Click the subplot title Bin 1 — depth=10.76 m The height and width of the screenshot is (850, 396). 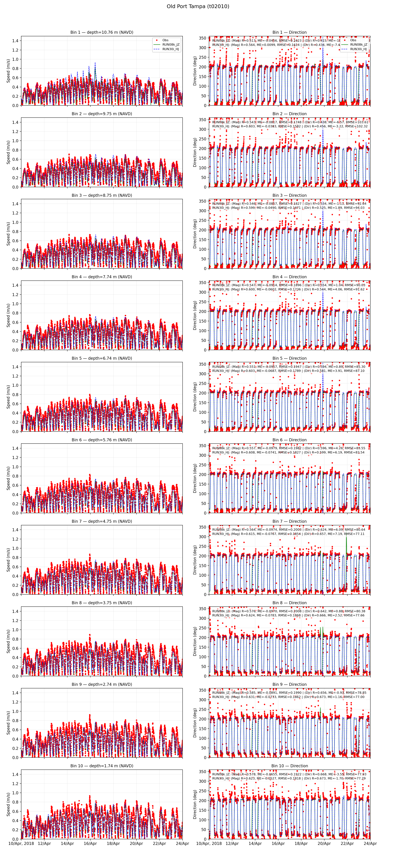(102, 32)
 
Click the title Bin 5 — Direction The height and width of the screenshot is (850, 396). (289, 358)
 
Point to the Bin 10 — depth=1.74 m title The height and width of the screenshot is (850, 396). (102, 766)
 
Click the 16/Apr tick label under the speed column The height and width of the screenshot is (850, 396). (90, 843)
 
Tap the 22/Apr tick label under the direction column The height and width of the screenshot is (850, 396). (347, 843)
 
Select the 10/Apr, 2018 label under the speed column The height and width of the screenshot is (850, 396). (21, 843)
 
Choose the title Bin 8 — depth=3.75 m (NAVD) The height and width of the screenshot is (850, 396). (102, 603)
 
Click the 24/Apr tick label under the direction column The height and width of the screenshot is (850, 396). (370, 843)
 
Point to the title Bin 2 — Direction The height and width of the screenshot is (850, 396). (289, 114)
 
